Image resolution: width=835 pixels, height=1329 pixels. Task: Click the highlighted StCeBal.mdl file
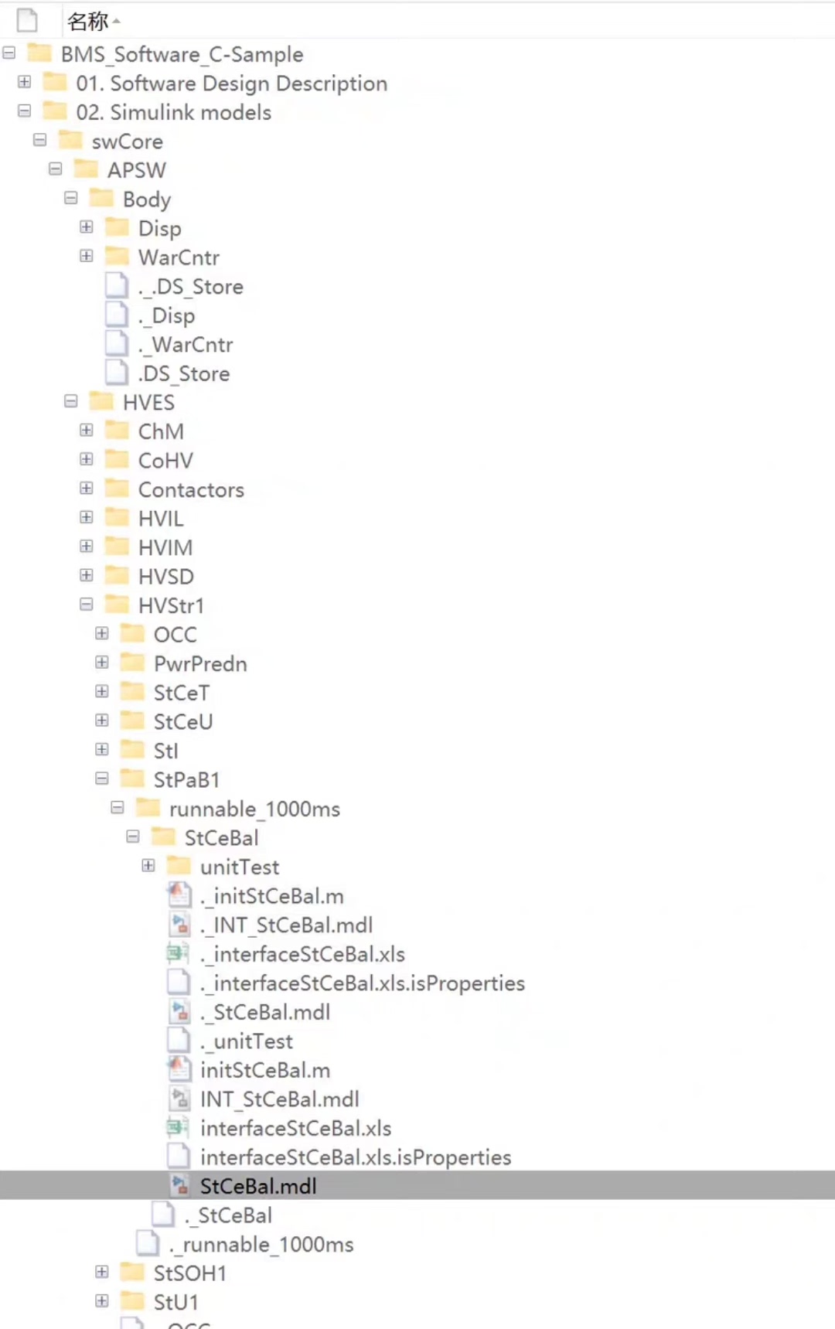coord(257,1186)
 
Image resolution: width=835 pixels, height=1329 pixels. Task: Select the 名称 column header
coord(87,22)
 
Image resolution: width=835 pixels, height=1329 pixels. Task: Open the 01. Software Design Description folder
coord(231,83)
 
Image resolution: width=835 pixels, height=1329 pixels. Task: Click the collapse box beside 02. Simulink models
coord(25,111)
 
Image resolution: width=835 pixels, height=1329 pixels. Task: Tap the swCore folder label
coord(127,141)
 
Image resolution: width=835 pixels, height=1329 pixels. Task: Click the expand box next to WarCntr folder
coord(87,256)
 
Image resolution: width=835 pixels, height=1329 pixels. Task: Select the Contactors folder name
coord(190,489)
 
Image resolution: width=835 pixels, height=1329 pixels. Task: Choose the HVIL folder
coord(160,519)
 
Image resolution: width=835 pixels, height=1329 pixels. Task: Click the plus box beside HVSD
coord(87,575)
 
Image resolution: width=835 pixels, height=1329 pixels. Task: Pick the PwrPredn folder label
coord(199,663)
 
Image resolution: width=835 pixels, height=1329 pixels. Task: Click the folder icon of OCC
coord(133,634)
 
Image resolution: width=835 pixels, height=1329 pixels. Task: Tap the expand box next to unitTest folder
coord(148,865)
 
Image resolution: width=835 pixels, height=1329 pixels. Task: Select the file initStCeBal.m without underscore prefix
coord(264,1070)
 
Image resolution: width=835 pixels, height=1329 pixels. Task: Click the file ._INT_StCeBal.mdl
coord(286,925)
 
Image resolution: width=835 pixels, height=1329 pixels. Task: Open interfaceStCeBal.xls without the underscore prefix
coord(295,1128)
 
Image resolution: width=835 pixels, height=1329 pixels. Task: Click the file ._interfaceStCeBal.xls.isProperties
coord(362,983)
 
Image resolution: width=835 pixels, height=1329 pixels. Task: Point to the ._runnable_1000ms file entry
coord(261,1244)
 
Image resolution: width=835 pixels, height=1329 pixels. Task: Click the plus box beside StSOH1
coord(102,1272)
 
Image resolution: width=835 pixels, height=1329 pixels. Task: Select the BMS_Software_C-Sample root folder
coord(182,54)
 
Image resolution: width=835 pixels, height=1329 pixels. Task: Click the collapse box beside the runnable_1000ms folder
coord(118,807)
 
